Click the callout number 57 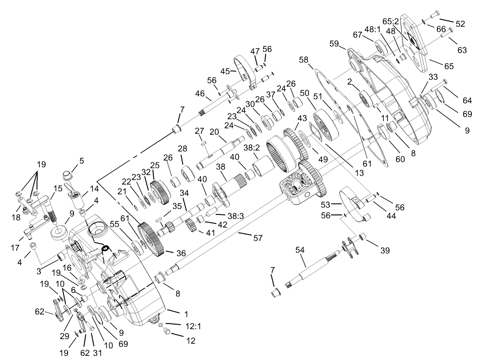(258, 238)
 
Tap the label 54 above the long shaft (300, 250)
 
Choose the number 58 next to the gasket (303, 60)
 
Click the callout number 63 (462, 50)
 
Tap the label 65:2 (390, 21)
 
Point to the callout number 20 (214, 132)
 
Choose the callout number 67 (358, 35)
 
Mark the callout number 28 (182, 149)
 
